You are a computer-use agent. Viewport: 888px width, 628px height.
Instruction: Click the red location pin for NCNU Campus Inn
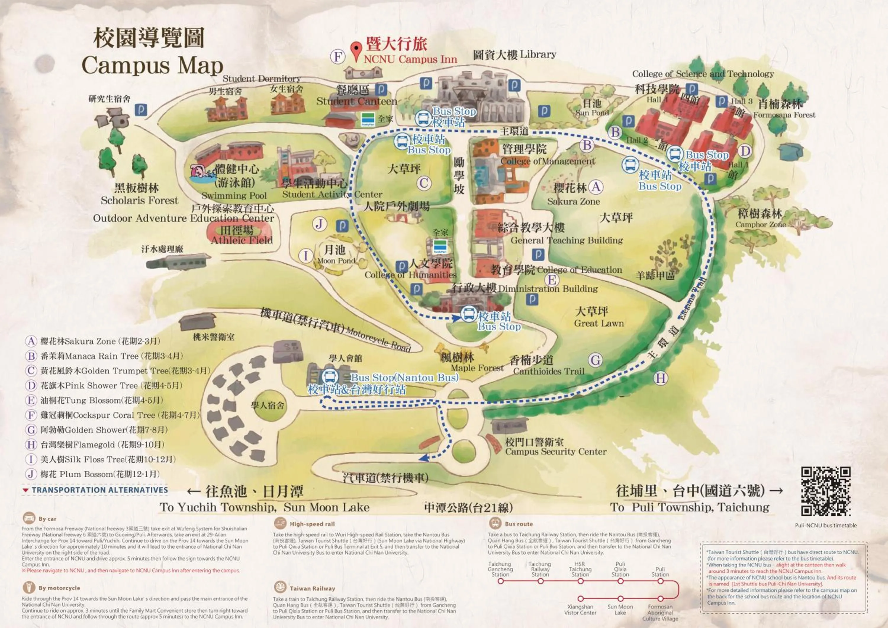[x=356, y=51]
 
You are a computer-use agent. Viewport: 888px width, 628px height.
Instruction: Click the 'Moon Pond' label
[x=336, y=261]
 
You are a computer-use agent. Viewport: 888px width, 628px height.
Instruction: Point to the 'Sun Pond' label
[x=592, y=113]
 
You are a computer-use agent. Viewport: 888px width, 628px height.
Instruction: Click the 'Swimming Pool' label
[x=234, y=195]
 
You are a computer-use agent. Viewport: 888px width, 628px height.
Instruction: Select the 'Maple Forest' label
[x=477, y=368]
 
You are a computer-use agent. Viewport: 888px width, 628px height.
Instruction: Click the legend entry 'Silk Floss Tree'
[x=108, y=459]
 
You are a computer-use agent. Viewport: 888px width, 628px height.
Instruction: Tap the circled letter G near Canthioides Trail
[x=595, y=360]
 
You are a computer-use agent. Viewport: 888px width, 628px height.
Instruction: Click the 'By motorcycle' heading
[x=59, y=588]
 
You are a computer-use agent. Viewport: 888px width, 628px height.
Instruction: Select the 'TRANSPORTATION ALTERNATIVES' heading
[x=100, y=490]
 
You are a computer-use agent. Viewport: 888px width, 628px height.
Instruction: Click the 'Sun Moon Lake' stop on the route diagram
[x=620, y=599]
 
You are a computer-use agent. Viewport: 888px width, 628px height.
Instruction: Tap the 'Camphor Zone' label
[x=760, y=224]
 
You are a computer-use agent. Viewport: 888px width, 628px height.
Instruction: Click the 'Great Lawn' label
[x=599, y=323]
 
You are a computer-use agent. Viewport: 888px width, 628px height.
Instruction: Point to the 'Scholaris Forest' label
[x=139, y=200]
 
